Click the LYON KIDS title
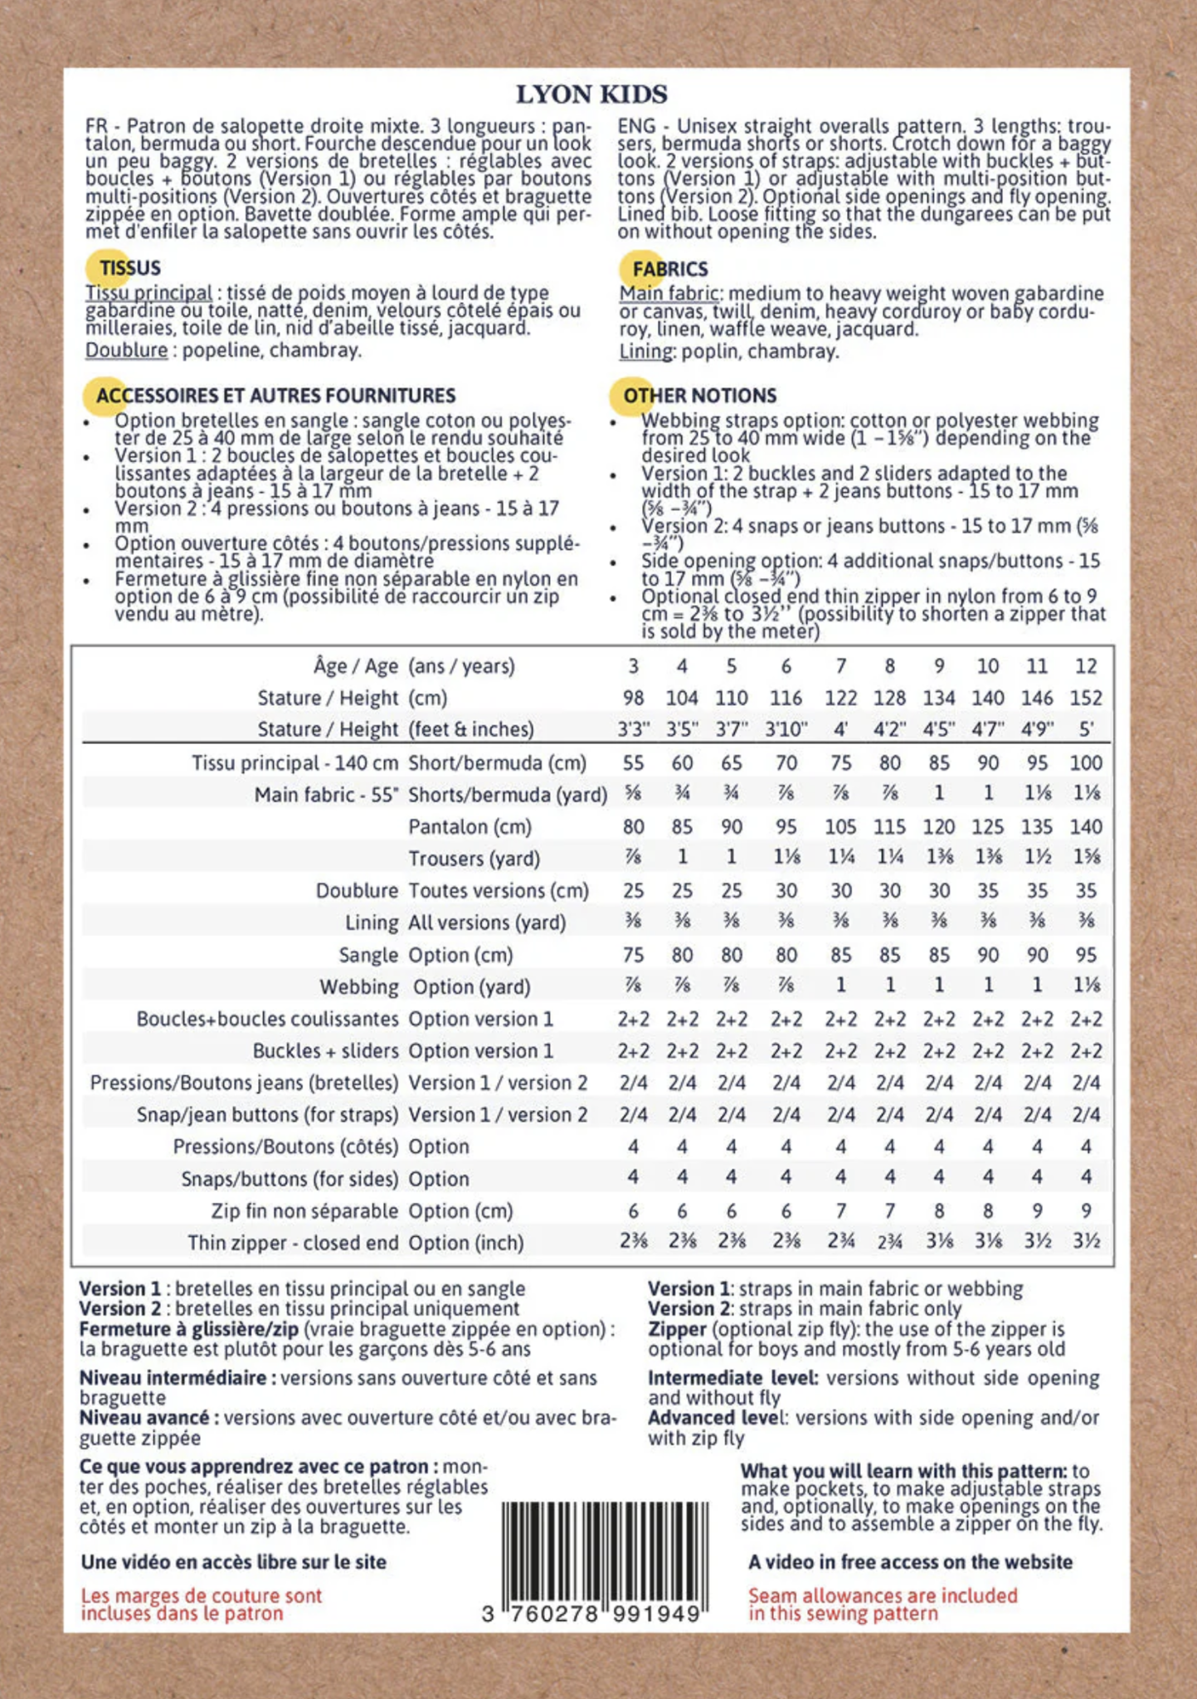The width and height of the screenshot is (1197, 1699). (x=591, y=95)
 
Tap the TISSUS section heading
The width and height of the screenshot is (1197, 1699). (x=129, y=268)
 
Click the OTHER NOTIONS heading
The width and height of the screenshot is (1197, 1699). (x=699, y=396)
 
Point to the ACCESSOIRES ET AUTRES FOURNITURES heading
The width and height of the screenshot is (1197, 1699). (x=275, y=396)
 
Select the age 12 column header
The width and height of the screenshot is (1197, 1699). (x=1086, y=666)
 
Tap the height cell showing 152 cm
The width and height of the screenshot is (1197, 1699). (x=1086, y=699)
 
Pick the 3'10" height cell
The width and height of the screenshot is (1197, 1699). (x=786, y=730)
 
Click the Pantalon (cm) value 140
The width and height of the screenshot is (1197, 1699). (x=1086, y=827)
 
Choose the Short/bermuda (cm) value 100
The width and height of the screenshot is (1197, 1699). (x=1086, y=763)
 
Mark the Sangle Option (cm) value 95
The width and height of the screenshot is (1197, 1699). (x=1086, y=955)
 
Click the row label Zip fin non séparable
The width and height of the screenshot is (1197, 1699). (x=304, y=1211)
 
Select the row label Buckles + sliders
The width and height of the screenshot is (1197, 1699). (x=325, y=1051)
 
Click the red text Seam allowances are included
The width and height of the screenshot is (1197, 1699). (x=883, y=1595)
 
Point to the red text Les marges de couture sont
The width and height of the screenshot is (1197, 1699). (x=201, y=1595)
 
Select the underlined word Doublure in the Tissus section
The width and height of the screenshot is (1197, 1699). (x=126, y=350)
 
